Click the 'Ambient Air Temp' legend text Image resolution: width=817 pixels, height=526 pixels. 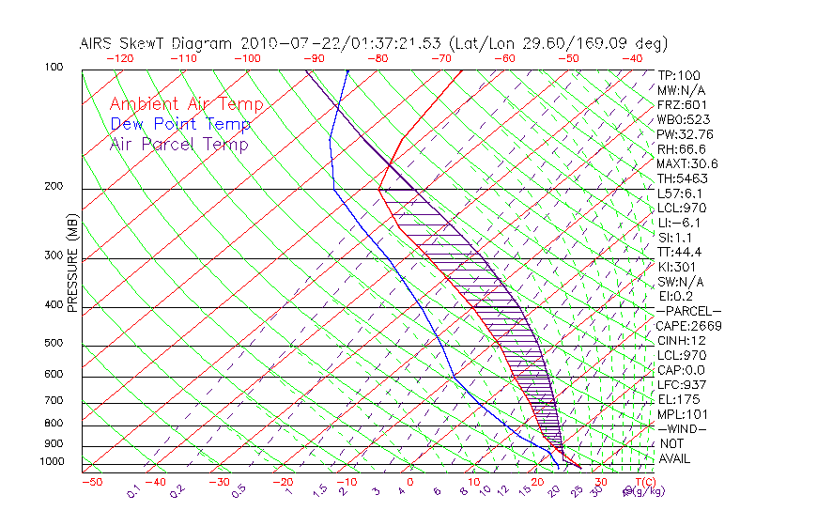click(187, 104)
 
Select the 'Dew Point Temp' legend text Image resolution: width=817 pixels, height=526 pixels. click(180, 124)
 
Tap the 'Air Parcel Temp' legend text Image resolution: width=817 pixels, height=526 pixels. click(179, 144)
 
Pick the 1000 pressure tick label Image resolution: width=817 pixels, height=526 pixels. click(53, 462)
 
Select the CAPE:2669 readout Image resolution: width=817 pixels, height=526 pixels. click(688, 326)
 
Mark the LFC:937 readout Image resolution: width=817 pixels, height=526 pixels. click(682, 385)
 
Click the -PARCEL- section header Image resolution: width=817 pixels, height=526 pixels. click(689, 311)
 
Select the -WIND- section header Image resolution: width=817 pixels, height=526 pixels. click(683, 428)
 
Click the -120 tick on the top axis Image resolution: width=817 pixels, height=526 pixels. click(119, 58)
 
